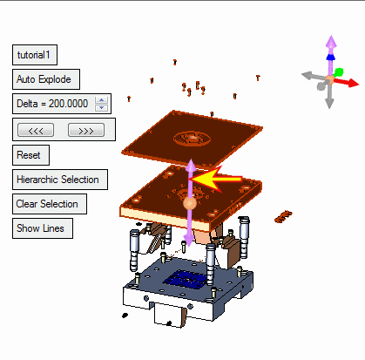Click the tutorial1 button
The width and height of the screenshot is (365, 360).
pos(35,55)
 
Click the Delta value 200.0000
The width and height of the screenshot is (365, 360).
pos(68,104)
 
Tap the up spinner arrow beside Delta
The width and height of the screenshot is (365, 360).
pos(101,100)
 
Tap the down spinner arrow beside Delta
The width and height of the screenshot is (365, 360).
pos(101,107)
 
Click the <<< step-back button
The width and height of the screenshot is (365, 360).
pos(36,130)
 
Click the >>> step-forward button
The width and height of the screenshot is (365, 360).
pos(86,130)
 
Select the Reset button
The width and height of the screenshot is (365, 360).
pos(30,155)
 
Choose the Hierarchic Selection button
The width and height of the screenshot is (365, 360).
pos(60,180)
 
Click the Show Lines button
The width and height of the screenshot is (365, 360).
pos(43,228)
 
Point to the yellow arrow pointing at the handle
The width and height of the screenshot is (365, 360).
pos(216,179)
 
